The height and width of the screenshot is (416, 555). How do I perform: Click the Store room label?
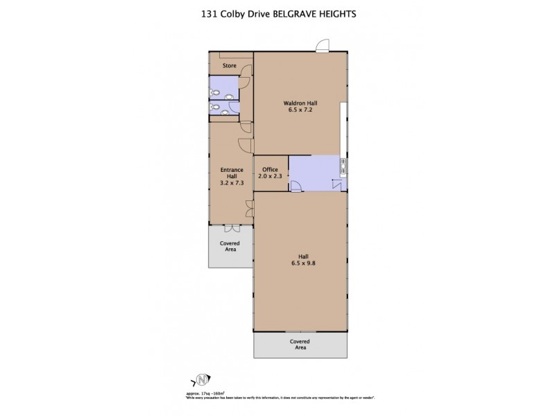click(230, 66)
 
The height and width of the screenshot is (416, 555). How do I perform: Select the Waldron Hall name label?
click(300, 103)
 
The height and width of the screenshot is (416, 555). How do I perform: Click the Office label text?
click(271, 170)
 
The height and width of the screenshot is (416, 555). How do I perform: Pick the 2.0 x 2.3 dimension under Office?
click(271, 177)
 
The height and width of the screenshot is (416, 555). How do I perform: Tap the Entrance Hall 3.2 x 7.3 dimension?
click(231, 182)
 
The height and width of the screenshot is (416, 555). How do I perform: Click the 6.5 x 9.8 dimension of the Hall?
click(300, 263)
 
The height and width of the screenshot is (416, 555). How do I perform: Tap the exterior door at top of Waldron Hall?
click(321, 46)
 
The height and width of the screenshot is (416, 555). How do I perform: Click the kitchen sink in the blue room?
click(342, 166)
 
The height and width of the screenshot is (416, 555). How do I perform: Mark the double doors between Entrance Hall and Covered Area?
click(231, 228)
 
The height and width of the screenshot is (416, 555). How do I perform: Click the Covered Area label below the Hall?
click(300, 345)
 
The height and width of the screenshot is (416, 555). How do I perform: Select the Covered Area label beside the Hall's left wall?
click(231, 246)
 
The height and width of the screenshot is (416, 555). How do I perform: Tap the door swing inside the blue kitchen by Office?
click(296, 185)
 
